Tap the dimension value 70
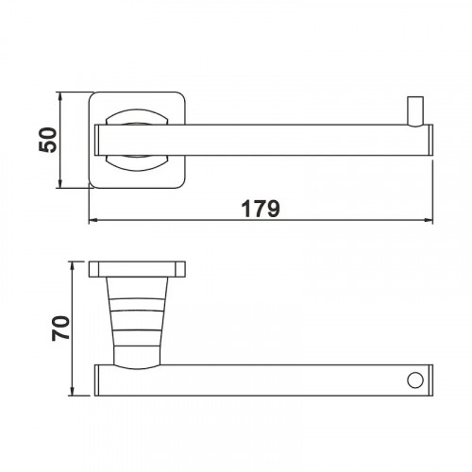click(x=59, y=329)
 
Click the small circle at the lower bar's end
click(x=413, y=379)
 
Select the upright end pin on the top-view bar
click(x=413, y=110)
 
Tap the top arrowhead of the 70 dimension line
click(x=73, y=267)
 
